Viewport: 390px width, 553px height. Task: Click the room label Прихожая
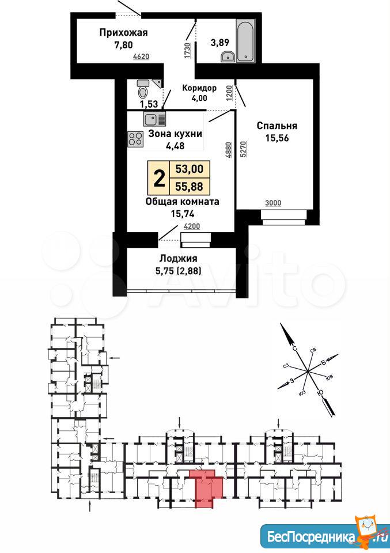tap(123, 33)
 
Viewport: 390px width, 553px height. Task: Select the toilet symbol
tap(142, 89)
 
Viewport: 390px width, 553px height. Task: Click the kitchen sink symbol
tap(154, 119)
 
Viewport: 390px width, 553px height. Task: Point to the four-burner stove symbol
tap(135, 139)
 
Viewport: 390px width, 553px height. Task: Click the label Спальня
tap(277, 126)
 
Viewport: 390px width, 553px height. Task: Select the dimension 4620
tap(141, 56)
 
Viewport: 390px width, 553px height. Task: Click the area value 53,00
tap(190, 169)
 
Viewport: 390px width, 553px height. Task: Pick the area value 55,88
tap(190, 186)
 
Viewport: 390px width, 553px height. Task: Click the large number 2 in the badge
tap(160, 178)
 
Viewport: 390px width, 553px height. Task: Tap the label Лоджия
tap(179, 259)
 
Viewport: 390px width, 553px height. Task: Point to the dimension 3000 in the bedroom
tap(273, 203)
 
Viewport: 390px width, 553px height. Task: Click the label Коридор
tap(199, 88)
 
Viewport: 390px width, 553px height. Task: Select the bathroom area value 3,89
tap(220, 43)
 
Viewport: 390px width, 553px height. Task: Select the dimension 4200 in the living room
tap(192, 227)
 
